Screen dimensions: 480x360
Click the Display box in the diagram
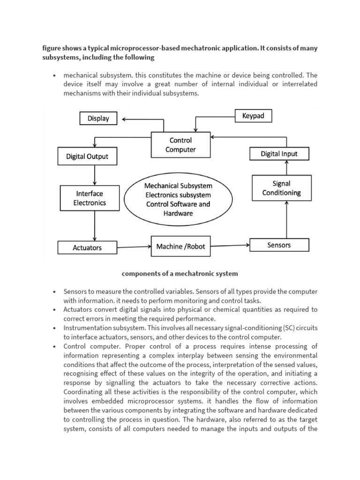pos(98,119)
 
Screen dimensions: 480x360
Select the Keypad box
pos(253,115)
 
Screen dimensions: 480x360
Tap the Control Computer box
pos(180,145)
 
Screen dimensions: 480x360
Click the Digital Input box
pos(279,153)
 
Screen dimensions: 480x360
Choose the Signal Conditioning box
pos(281,188)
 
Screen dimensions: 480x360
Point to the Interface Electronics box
pos(90,198)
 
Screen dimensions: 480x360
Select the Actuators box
pos(87,247)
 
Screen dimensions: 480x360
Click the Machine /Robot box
pos(180,246)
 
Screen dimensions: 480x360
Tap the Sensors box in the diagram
pos(279,245)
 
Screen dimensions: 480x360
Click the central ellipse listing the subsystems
pos(178,199)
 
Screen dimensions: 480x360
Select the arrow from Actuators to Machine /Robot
pos(134,247)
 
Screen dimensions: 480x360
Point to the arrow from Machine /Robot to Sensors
pos(230,245)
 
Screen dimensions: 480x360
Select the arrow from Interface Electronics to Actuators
pos(95,225)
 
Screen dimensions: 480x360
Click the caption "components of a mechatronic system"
pos(180,273)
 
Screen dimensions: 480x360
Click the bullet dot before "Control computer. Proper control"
pos(55,346)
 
